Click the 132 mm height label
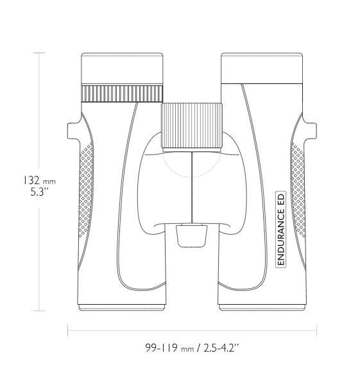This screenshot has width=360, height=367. point(39,181)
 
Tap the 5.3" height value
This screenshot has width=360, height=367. point(39,192)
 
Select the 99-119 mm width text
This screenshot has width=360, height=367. point(169,348)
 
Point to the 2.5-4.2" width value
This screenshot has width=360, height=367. point(221,348)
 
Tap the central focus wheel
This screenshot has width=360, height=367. point(191,125)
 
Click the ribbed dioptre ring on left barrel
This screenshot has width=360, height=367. point(122,94)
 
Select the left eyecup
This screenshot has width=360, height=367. point(122,68)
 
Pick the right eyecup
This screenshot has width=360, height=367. point(262,68)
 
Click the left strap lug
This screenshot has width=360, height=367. point(73,131)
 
